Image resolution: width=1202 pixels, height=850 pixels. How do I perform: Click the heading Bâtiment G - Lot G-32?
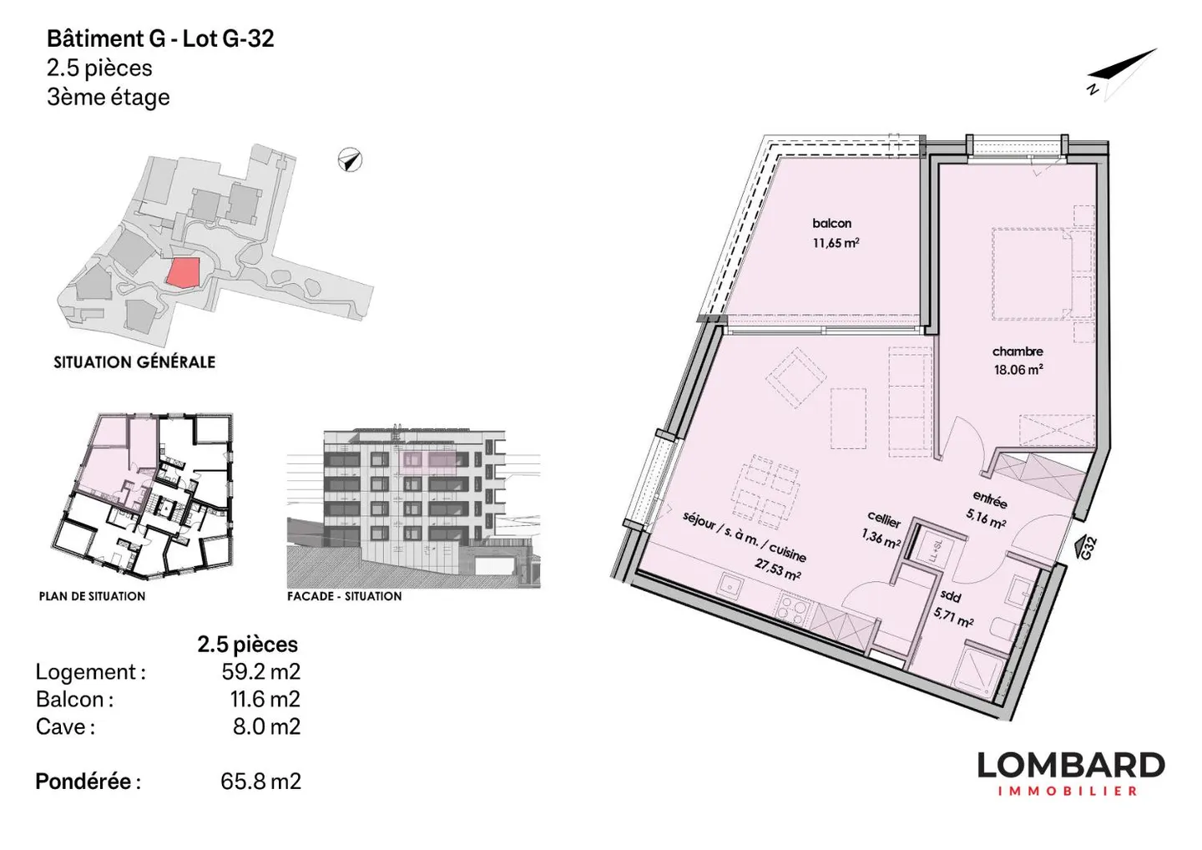[160, 38]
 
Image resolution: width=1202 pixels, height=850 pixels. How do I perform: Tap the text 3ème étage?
[108, 97]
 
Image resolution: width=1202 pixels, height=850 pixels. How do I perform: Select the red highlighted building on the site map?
[183, 272]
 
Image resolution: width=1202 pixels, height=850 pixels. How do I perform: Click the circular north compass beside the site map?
[350, 160]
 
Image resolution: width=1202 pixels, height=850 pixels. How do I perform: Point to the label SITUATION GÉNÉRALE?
[134, 362]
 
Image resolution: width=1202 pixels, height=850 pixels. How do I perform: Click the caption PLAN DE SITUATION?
[92, 596]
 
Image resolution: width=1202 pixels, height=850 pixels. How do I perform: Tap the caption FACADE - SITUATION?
[344, 596]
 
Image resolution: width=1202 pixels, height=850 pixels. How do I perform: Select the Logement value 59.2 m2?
[260, 671]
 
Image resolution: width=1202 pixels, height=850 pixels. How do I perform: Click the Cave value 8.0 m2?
[266, 726]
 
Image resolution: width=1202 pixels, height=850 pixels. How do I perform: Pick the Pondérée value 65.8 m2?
[260, 782]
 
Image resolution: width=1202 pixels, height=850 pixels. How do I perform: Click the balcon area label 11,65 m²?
[836, 242]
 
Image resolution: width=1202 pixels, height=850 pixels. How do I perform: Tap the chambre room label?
[1018, 352]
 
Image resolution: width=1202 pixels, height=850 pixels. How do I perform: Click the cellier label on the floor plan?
[884, 520]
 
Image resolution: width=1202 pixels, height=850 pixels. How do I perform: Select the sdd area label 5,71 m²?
[953, 618]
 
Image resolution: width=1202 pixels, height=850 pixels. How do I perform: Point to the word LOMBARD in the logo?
[1071, 765]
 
